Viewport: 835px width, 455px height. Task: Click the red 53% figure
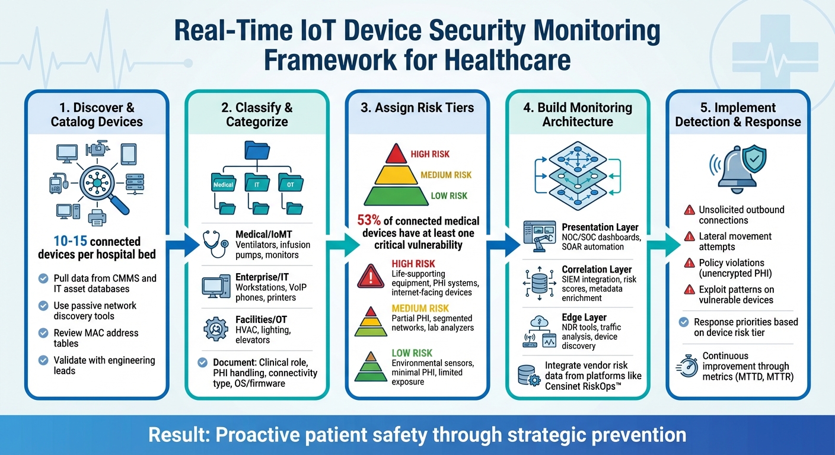pos(369,221)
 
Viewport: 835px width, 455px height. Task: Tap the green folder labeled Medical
pos(224,183)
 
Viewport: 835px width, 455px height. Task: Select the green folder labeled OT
pos(290,183)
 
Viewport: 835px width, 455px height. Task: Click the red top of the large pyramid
pos(396,153)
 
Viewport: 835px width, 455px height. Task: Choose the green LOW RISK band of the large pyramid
pos(396,195)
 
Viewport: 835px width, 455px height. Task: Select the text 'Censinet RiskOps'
pos(582,386)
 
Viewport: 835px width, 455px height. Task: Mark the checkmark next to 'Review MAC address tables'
pos(43,333)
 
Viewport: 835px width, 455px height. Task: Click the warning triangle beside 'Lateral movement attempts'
pos(690,236)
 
